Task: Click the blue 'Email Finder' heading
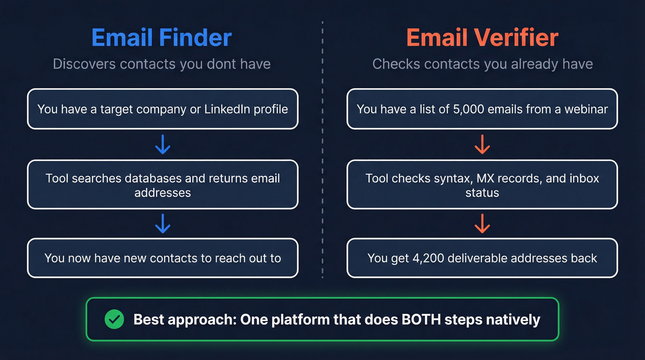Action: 162,38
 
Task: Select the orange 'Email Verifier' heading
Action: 482,38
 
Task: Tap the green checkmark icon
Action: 114,319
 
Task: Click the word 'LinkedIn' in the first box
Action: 239,109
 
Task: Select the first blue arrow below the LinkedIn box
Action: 163,144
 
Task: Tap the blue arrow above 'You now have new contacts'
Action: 163,224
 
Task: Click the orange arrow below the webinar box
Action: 482,144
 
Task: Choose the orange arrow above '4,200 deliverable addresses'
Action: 482,224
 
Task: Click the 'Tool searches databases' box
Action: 163,184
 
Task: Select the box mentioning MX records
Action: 482,184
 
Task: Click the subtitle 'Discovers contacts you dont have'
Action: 162,64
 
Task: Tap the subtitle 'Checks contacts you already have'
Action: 482,64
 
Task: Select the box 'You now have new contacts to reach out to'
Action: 163,258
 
